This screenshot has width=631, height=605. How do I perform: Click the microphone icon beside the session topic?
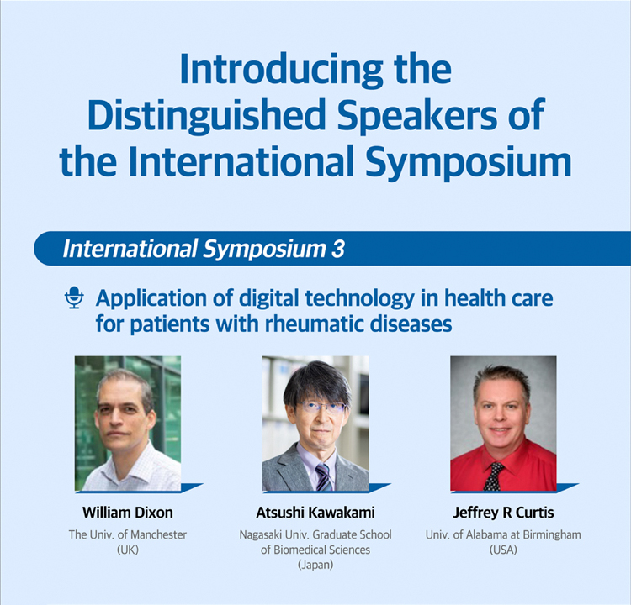(74, 297)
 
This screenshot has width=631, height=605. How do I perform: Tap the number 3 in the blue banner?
(338, 249)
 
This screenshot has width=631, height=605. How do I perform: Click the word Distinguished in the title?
(206, 115)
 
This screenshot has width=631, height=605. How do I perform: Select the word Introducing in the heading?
(281, 70)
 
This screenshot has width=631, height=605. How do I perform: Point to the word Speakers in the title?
(417, 115)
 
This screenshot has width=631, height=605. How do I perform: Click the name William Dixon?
(128, 513)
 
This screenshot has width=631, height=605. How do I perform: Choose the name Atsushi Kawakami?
(315, 513)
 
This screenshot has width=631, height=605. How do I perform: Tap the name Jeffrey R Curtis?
(503, 513)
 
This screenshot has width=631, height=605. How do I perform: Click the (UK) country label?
(128, 550)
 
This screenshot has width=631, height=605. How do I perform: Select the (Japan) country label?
(315, 565)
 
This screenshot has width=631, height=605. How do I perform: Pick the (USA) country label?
(503, 550)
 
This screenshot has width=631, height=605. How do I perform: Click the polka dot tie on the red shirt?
(493, 476)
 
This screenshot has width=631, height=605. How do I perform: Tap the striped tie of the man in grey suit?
(324, 477)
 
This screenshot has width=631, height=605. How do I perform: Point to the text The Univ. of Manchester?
(128, 534)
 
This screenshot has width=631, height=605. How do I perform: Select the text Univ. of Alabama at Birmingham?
(503, 534)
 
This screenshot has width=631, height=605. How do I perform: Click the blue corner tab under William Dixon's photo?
(192, 487)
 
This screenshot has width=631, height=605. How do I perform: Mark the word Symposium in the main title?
(469, 162)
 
